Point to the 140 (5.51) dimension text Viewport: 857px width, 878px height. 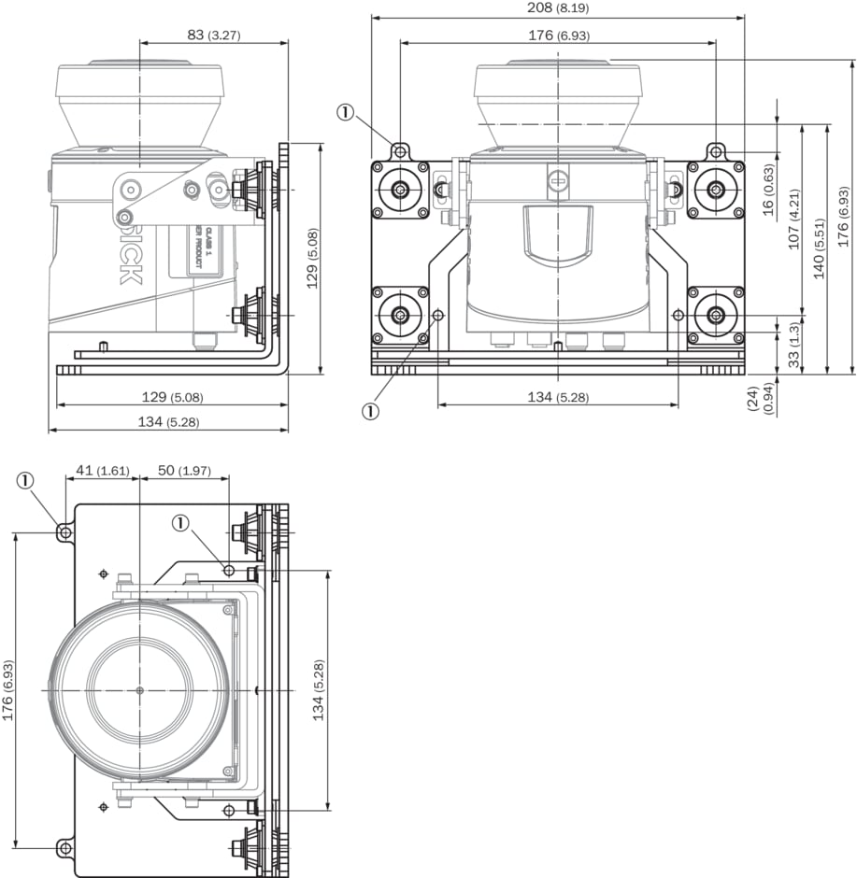point(820,248)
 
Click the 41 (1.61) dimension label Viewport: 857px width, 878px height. point(101,470)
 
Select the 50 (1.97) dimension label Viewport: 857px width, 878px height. point(184,470)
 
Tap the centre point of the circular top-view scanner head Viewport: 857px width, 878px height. point(139,690)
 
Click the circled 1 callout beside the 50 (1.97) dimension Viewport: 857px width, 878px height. point(180,524)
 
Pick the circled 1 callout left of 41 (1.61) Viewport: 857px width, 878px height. point(25,481)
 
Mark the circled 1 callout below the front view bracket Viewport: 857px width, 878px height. point(372,409)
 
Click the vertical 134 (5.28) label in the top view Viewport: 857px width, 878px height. point(319,690)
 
